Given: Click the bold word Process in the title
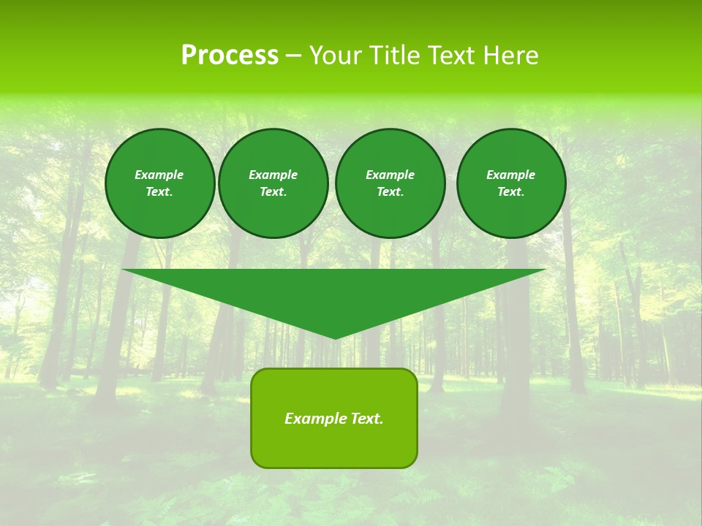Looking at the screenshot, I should pos(230,56).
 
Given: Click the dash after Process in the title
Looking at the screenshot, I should pos(293,56).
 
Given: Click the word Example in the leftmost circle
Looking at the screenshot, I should pos(159,175).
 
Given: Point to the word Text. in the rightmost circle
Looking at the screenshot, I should pos(511,191).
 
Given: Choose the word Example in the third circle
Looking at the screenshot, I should pos(390,175).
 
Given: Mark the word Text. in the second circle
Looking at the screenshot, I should pos(273,191).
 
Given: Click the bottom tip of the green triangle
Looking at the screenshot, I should pos(335,338).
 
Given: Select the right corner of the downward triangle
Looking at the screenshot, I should pos(544,270).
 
